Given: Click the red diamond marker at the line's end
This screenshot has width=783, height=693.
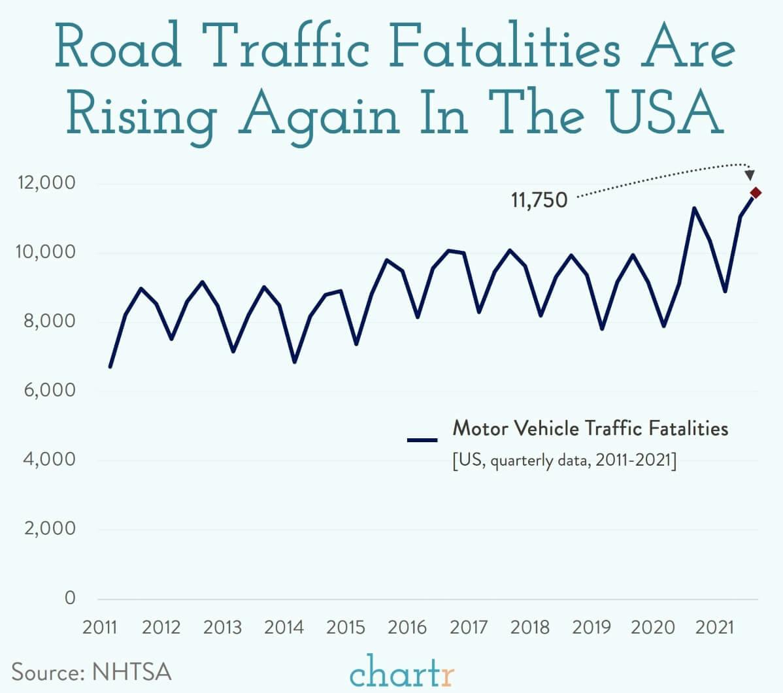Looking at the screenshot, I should [756, 193].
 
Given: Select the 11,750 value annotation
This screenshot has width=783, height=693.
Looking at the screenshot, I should [539, 201].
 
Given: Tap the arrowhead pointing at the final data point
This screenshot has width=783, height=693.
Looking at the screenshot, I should [750, 175].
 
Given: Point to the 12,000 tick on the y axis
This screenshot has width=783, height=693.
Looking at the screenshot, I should [45, 183].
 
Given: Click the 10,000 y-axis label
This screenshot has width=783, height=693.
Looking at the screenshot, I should [45, 252].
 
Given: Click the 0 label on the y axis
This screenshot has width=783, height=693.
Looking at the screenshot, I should [69, 598].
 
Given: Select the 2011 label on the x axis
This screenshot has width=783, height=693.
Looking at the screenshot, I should [99, 628].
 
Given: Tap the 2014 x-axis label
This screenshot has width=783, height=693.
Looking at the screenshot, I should [284, 628].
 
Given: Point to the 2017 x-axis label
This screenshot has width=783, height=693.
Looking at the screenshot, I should [468, 628].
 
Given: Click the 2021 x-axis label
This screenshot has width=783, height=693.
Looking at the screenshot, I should [714, 628].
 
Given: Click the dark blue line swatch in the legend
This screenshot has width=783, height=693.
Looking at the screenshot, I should [422, 440].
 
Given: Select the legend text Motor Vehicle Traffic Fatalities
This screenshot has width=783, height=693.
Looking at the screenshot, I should [590, 428].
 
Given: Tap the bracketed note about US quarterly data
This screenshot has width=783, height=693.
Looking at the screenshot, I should [564, 460].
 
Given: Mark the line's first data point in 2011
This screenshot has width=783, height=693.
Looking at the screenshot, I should [110, 367].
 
